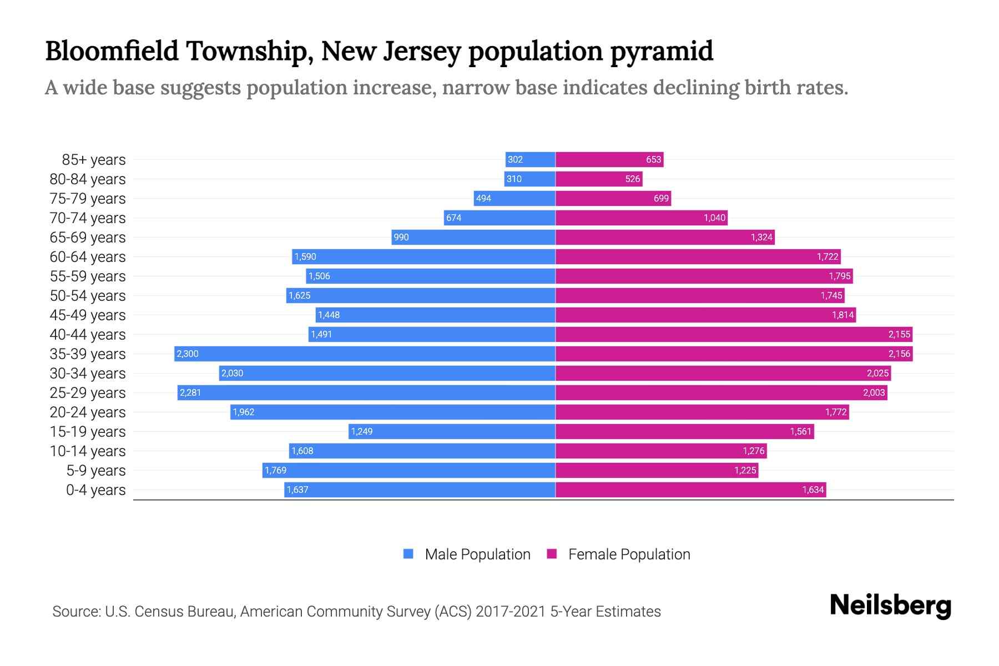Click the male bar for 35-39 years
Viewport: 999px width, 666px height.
click(365, 354)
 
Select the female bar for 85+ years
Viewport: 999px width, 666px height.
click(609, 159)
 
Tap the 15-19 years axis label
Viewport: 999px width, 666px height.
click(88, 431)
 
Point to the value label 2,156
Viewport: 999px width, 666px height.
click(899, 354)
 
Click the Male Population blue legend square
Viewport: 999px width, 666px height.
click(408, 554)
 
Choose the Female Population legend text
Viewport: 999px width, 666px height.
click(629, 554)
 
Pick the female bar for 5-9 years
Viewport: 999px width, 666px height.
click(657, 470)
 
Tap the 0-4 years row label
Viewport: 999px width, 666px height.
click(95, 490)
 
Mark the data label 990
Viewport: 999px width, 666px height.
click(401, 237)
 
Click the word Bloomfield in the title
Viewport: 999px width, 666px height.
click(112, 51)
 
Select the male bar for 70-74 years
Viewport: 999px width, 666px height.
click(500, 218)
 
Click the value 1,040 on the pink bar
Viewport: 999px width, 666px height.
click(714, 218)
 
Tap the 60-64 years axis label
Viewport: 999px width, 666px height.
click(88, 256)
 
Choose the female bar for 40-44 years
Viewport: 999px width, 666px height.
click(734, 334)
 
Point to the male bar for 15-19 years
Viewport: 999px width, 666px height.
click(452, 431)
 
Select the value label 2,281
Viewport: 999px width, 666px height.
click(190, 392)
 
